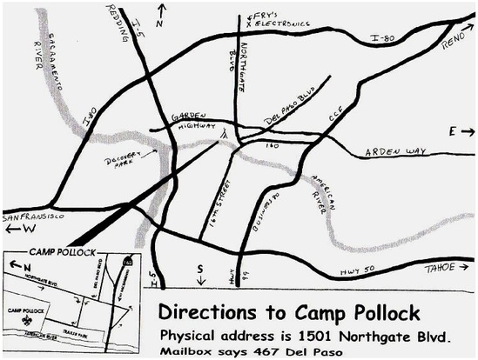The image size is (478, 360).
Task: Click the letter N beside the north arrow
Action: point(158,23)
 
